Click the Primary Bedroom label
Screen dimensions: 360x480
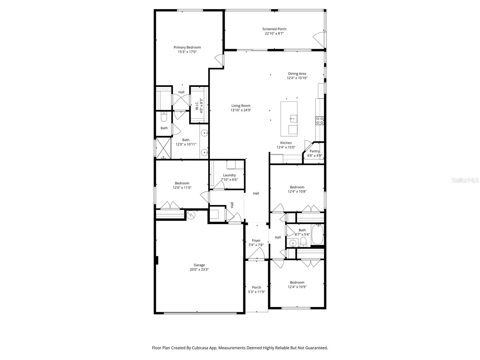187,47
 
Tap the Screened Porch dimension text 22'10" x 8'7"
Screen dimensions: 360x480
274,34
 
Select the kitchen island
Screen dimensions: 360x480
289,119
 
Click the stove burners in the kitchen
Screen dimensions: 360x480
319,121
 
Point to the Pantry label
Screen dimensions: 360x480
314,151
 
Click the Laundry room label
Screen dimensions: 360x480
229,175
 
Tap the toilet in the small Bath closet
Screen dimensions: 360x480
163,117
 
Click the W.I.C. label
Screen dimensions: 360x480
197,105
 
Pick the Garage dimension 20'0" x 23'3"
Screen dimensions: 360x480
199,269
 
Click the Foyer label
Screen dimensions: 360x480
256,241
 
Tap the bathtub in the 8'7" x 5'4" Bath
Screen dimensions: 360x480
317,234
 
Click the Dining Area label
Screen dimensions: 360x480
297,74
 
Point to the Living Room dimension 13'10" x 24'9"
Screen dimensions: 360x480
241,110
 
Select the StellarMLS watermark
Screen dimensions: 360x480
465,180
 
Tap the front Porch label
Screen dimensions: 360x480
256,287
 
